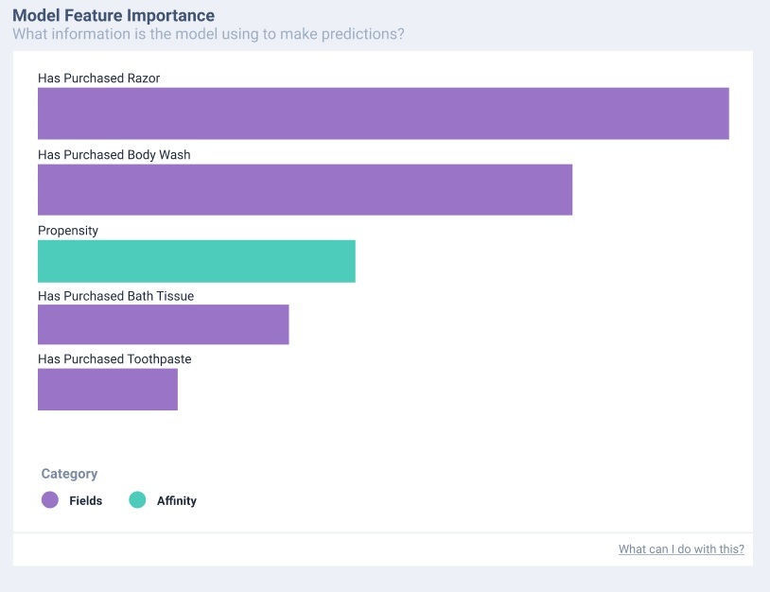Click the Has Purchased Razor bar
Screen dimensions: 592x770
[x=383, y=113]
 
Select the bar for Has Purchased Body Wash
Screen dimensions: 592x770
[x=305, y=189]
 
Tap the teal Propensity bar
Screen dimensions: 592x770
[x=196, y=261]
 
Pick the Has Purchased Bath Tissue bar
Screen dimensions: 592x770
[x=163, y=324]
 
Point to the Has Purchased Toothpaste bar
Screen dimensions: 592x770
[x=107, y=390]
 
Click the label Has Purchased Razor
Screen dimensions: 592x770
[x=98, y=78]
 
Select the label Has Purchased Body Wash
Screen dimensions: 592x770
[x=114, y=155]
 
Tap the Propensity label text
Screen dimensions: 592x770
[x=68, y=231]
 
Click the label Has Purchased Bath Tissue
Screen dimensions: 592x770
[x=115, y=296]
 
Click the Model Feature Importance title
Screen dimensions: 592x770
[x=113, y=16]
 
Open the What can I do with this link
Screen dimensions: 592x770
[x=681, y=549]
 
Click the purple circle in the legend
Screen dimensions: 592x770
[x=50, y=500]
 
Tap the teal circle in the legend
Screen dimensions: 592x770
[x=137, y=500]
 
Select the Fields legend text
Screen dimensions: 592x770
[x=85, y=500]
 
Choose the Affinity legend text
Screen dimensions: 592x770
[x=176, y=500]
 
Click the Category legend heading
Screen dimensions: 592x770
[x=69, y=474]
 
